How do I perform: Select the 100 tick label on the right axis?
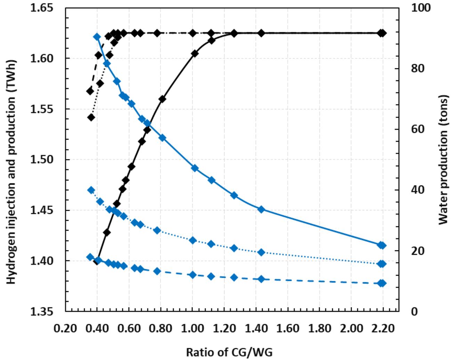pos(421,8)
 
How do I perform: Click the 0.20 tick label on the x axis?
pos(65,328)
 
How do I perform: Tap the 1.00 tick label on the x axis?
pos(192,328)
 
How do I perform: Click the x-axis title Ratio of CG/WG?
pos(229,352)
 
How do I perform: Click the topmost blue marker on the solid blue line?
pos(97,37)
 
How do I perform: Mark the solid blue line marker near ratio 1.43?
pos(261,209)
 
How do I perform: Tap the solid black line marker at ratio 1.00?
pos(195,53)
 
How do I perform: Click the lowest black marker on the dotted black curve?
pos(91,117)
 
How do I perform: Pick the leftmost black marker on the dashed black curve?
pos(90,91)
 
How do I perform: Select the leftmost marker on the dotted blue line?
pos(91,190)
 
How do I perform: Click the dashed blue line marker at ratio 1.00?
pos(193,275)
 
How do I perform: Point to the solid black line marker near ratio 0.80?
pos(162,99)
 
